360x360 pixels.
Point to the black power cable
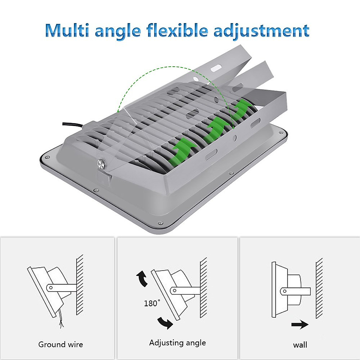73,125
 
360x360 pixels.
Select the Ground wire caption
61,344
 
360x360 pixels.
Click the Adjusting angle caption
178,343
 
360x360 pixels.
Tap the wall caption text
300,345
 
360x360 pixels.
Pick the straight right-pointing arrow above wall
300,324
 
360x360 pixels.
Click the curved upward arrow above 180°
142,278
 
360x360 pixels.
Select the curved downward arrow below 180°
165,322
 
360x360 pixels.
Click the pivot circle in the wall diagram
285,291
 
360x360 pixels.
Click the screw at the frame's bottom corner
160,222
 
